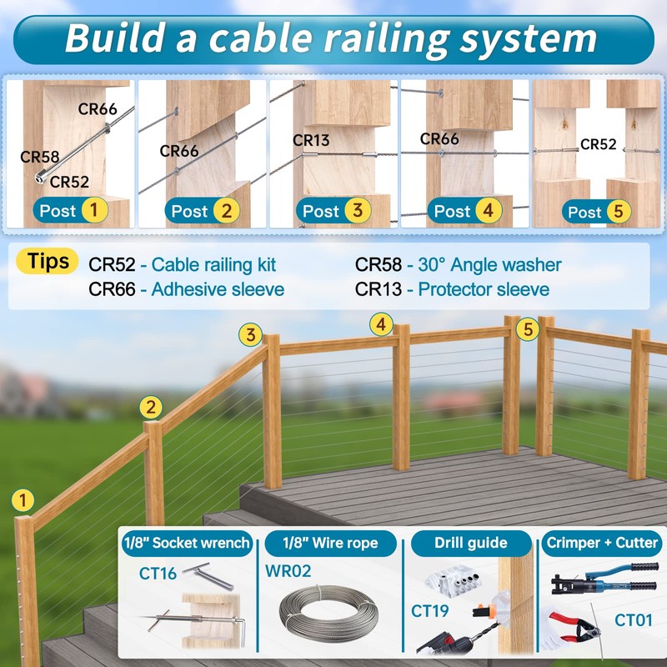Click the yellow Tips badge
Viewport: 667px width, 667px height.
pyautogui.click(x=48, y=260)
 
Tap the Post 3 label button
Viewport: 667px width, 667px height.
pyautogui.click(x=333, y=211)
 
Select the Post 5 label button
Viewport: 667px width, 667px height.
pyautogui.click(x=595, y=211)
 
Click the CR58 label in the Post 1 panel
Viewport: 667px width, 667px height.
pyautogui.click(x=39, y=156)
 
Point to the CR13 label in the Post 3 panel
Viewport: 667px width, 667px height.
pyautogui.click(x=312, y=141)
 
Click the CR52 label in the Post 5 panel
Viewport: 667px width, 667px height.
pyautogui.click(x=598, y=144)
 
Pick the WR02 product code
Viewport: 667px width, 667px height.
pyautogui.click(x=288, y=572)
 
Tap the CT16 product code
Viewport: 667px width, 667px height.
pyautogui.click(x=158, y=573)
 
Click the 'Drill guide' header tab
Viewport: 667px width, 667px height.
pyautogui.click(x=470, y=543)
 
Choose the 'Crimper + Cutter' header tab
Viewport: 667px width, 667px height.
pyautogui.click(x=602, y=543)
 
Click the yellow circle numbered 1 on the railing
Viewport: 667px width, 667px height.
pyautogui.click(x=23, y=500)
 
